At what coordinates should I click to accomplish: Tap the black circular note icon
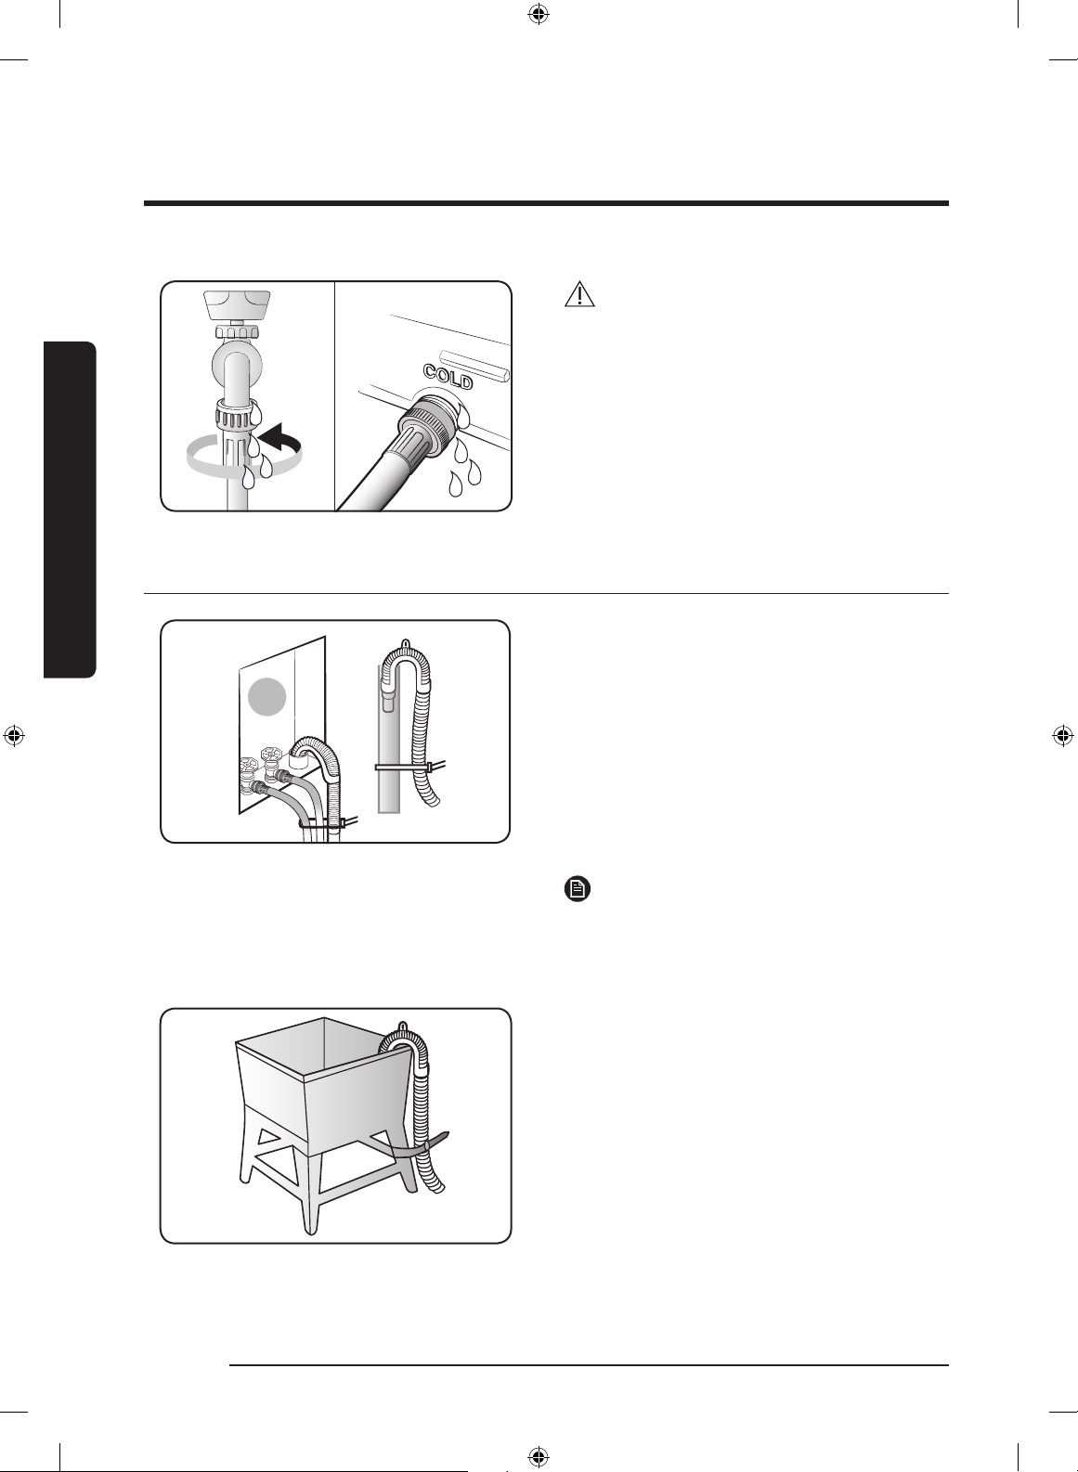click(578, 890)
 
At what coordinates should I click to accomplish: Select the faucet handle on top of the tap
click(237, 304)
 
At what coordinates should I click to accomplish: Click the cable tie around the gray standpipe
click(409, 767)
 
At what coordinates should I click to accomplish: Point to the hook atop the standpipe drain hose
click(406, 642)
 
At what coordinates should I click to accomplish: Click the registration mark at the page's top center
click(539, 13)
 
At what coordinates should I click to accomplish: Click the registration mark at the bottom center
click(539, 1457)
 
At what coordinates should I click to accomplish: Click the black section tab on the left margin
click(71, 510)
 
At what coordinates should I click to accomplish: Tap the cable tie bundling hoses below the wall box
click(328, 822)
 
